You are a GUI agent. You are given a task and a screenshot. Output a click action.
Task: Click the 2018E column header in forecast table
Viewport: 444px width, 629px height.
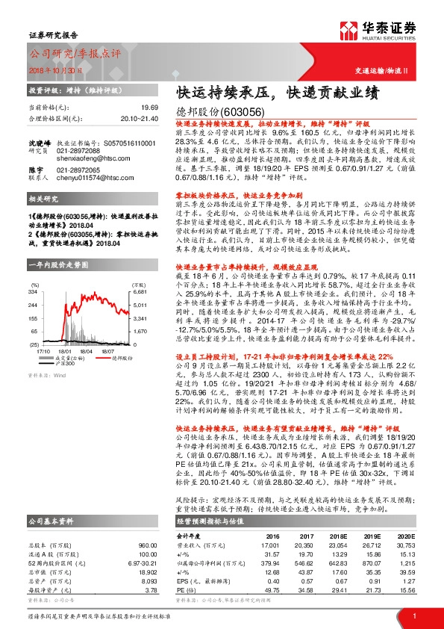click(337, 515)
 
